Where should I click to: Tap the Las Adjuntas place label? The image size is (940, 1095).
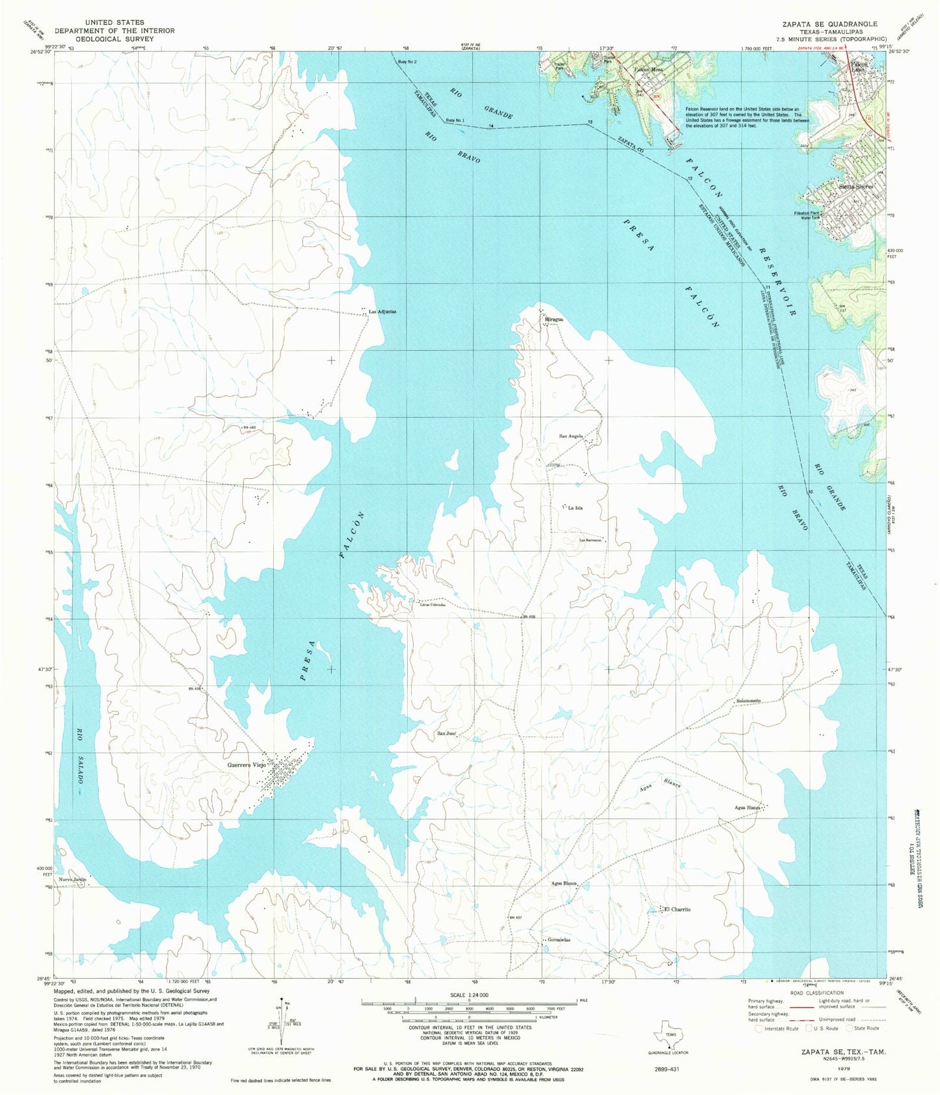(x=382, y=312)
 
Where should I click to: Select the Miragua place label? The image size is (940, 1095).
(x=554, y=319)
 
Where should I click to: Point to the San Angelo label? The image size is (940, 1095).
(x=571, y=436)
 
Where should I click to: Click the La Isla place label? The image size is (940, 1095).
(x=575, y=507)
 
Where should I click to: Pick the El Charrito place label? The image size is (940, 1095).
(x=677, y=909)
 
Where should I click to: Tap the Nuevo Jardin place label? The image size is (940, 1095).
(x=72, y=880)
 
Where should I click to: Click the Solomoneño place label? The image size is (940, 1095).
(x=748, y=701)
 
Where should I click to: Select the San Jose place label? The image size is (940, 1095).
(x=446, y=733)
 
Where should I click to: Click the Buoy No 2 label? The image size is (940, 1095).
(x=407, y=62)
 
